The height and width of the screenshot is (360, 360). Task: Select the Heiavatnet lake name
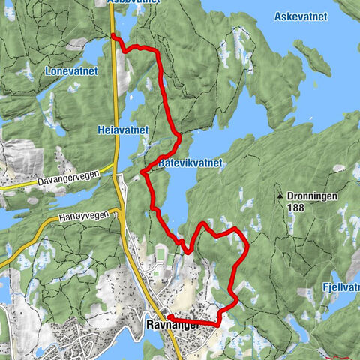(123, 130)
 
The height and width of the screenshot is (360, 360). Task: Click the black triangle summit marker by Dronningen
(280, 196)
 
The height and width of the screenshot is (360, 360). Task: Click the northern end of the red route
(112, 35)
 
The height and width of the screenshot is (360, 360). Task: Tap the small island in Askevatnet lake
(311, 56)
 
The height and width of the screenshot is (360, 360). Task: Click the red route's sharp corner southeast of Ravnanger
(218, 325)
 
